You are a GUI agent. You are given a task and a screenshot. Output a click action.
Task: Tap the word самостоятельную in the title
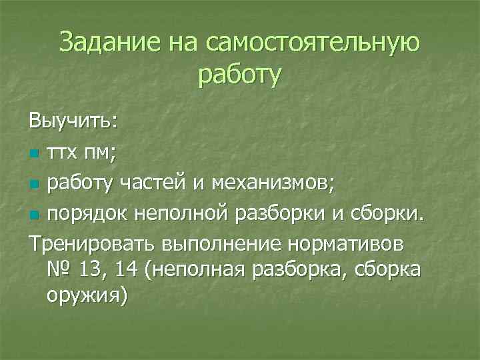313,43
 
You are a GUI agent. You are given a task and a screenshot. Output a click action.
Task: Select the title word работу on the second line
240,75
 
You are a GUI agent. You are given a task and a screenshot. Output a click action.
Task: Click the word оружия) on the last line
85,295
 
